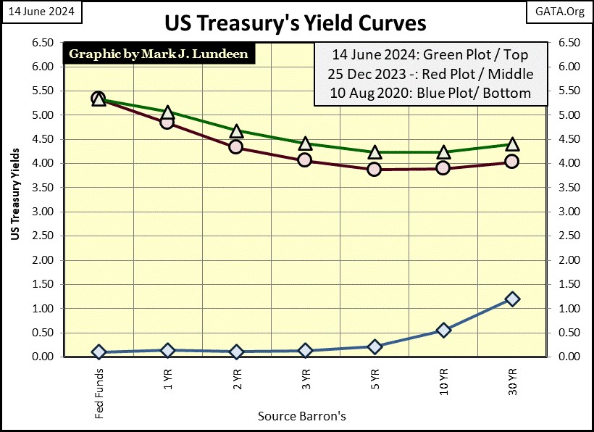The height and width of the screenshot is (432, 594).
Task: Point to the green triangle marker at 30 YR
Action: point(512,144)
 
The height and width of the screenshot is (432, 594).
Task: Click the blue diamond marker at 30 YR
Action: point(512,299)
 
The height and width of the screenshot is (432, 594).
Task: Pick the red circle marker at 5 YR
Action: point(374,169)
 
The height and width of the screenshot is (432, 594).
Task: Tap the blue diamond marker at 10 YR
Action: point(443,330)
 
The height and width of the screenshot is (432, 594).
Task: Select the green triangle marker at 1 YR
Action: point(167,112)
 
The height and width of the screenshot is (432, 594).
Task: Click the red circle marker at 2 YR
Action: point(235,147)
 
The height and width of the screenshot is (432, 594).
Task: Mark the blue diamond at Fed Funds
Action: point(99,352)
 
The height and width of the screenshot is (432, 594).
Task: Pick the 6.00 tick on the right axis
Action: point(567,67)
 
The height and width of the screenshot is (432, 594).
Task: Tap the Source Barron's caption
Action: point(301,416)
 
